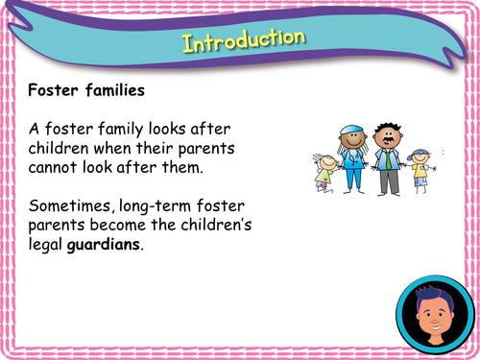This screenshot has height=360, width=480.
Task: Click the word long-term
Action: point(163,204)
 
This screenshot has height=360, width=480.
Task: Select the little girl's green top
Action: point(326,174)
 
